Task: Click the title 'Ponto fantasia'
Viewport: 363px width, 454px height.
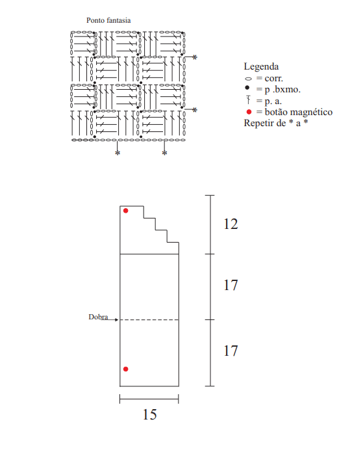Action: (x=108, y=20)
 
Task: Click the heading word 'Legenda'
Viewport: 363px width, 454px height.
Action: (x=261, y=67)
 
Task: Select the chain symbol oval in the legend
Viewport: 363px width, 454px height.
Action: (x=248, y=79)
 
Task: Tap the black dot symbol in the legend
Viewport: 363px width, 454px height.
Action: (x=247, y=87)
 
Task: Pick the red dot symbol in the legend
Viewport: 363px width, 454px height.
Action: (x=249, y=112)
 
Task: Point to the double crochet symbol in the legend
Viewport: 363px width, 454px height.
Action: (x=248, y=100)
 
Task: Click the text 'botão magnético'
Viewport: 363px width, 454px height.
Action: (x=299, y=112)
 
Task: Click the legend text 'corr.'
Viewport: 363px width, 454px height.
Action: (x=273, y=79)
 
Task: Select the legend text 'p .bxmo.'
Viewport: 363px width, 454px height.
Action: (x=282, y=90)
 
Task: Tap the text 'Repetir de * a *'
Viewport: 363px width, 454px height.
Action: (x=276, y=123)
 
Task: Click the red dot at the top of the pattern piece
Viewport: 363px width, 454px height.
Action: (x=126, y=211)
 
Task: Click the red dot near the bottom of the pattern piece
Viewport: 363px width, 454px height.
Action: (x=126, y=369)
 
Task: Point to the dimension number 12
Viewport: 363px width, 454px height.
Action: (x=231, y=224)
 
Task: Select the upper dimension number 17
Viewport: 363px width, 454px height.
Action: (x=231, y=285)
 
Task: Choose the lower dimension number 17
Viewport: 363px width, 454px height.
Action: (x=231, y=351)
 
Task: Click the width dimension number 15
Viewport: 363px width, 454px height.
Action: (x=150, y=414)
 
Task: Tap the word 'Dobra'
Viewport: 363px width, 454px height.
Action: (x=98, y=317)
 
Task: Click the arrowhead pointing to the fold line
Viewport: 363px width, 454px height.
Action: (x=117, y=319)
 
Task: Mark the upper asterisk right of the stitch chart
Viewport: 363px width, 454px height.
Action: (x=195, y=57)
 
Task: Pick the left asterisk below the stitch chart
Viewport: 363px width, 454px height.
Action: (x=118, y=153)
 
